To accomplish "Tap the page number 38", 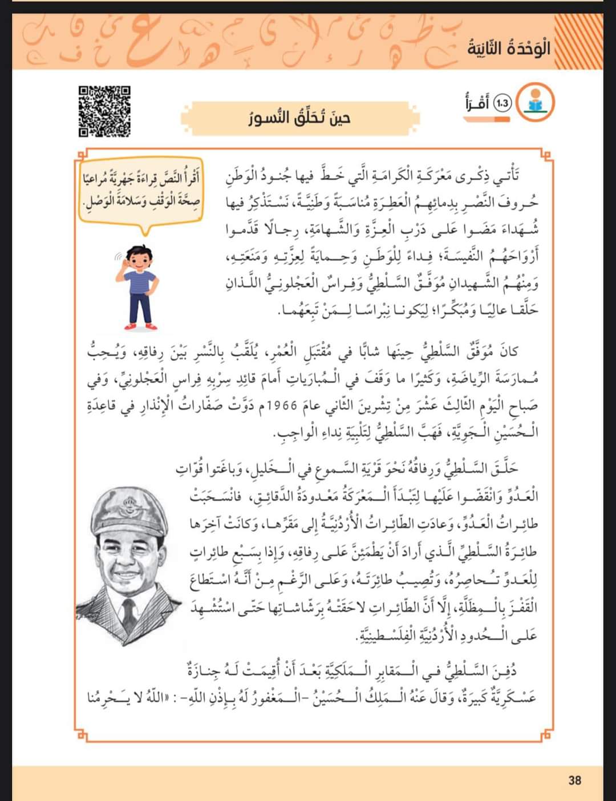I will pyautogui.click(x=574, y=779).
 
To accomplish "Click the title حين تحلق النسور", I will pyautogui.click(x=300, y=119).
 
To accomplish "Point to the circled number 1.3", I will pyautogui.click(x=502, y=103).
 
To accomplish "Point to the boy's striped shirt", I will pyautogui.click(x=141, y=281).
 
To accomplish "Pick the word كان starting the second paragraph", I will pyautogui.click(x=508, y=351).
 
